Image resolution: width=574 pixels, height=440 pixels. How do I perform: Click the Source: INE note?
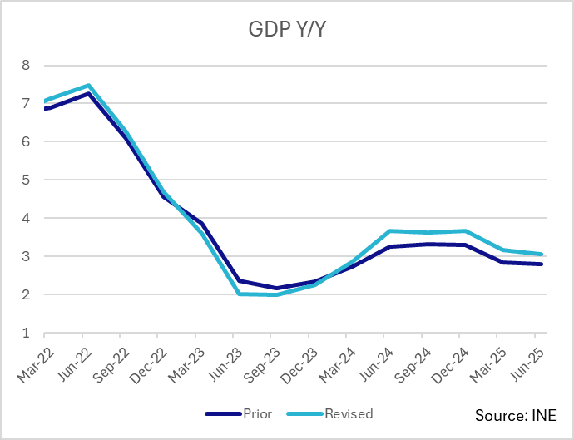click(515, 414)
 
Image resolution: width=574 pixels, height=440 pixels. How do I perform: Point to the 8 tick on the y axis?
click(25, 65)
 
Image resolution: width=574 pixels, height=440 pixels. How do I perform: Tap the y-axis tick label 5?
click(25, 180)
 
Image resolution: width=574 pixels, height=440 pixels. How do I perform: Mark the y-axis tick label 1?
click(25, 334)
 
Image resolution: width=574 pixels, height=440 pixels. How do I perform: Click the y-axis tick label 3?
click(25, 256)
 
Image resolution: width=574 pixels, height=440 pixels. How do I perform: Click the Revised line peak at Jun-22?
click(88, 86)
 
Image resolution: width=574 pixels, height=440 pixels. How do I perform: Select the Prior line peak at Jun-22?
click(88, 93)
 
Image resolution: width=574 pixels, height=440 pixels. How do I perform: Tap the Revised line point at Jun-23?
click(240, 294)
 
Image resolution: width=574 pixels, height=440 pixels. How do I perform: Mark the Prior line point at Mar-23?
click(201, 223)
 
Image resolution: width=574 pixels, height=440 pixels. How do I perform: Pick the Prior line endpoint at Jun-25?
click(542, 264)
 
